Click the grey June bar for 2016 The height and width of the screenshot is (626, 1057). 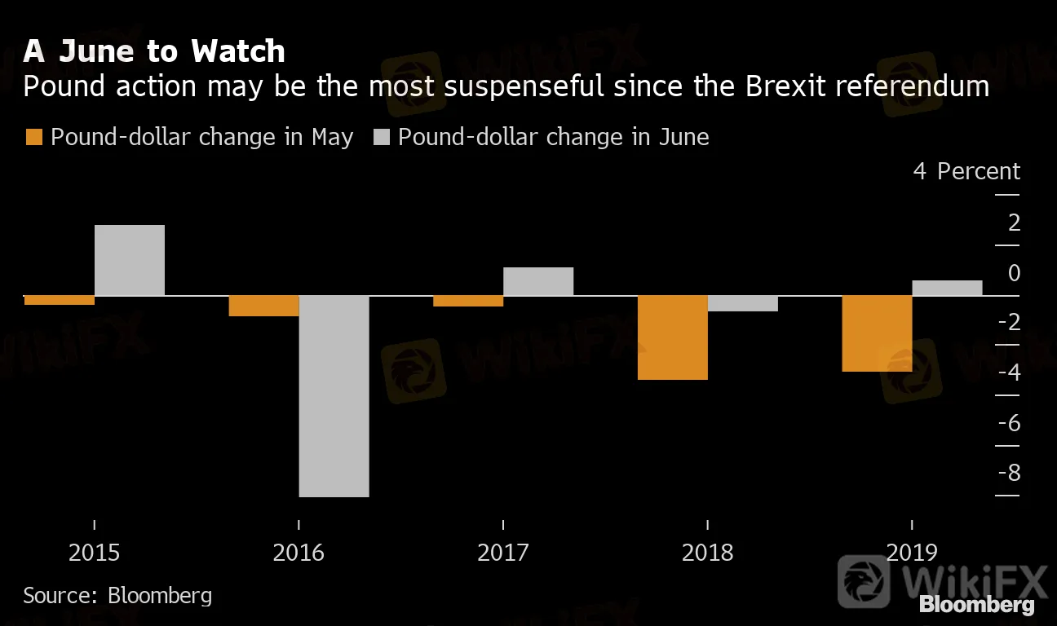tap(334, 395)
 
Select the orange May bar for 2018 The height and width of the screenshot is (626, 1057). tap(673, 337)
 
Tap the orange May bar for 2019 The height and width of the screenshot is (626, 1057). tap(877, 333)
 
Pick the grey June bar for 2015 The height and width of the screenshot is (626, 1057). tap(130, 260)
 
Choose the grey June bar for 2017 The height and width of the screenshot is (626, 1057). tap(538, 281)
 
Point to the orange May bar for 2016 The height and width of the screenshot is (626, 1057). tap(263, 306)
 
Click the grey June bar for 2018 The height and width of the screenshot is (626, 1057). tap(743, 303)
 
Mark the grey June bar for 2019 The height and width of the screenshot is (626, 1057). tap(947, 288)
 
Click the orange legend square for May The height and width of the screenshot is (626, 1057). tap(33, 137)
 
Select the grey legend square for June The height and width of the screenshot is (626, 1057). tap(381, 137)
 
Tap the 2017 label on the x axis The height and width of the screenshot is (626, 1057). tap(503, 553)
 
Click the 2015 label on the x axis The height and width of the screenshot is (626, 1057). tap(95, 553)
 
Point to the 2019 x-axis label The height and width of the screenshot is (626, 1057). tap(912, 553)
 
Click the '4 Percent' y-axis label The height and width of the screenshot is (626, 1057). tap(966, 171)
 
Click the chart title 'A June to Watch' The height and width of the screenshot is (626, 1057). tap(154, 52)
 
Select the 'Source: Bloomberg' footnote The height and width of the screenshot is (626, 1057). tap(117, 595)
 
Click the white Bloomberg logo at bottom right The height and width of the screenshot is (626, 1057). tap(977, 605)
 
